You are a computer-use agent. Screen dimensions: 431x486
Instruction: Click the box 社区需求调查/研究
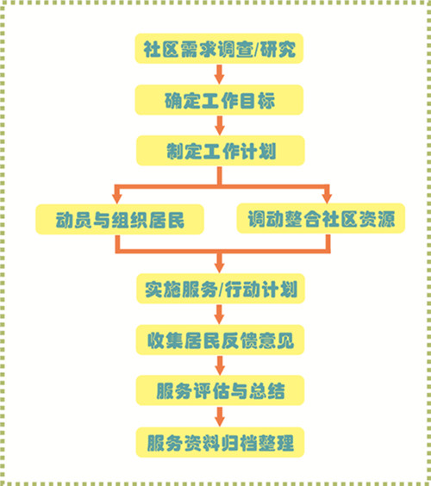[219, 48]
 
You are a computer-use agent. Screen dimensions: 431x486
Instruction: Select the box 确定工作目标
[219, 100]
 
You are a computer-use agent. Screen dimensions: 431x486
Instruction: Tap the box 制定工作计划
[221, 150]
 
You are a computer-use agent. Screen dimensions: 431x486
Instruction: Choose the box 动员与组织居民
[120, 219]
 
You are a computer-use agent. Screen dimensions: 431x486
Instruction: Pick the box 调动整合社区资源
[321, 218]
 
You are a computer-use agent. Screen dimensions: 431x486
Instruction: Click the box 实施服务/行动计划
[221, 289]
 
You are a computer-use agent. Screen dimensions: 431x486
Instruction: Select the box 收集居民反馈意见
[220, 340]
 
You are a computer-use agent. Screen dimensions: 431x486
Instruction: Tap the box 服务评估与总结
[220, 390]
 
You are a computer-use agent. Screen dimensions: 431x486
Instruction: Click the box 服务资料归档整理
[220, 442]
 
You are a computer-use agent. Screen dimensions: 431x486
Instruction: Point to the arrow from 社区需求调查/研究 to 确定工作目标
[219, 74]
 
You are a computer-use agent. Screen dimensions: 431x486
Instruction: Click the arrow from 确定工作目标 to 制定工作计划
[220, 126]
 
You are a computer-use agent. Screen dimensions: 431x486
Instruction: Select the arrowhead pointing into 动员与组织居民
[117, 198]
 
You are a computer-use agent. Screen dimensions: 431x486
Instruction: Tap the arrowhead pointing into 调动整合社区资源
[327, 197]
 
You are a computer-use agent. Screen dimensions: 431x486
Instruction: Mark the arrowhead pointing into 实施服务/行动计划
[219, 267]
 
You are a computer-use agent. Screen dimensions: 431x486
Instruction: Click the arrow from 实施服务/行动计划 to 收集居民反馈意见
[219, 315]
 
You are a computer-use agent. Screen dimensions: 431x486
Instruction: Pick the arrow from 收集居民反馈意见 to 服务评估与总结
[220, 365]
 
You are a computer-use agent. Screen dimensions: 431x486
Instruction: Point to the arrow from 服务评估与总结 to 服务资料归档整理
[220, 416]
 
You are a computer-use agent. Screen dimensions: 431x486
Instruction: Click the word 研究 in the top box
[278, 49]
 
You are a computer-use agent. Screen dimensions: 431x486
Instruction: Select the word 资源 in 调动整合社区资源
[377, 219]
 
